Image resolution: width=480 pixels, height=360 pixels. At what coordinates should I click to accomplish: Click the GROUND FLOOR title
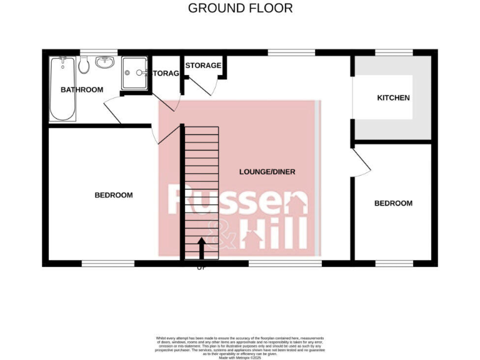[240, 8]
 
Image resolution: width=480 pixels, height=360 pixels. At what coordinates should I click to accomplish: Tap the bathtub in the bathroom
[62, 89]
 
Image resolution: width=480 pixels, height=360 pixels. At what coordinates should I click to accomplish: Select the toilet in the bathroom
[84, 64]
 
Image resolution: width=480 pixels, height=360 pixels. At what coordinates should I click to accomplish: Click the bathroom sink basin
[104, 63]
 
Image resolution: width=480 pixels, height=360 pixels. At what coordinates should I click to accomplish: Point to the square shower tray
[134, 73]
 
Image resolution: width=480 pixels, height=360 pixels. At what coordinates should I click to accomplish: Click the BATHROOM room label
[81, 90]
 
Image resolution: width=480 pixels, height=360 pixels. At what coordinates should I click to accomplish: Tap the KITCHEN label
[393, 98]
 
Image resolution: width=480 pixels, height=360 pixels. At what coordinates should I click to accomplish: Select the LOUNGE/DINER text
[267, 172]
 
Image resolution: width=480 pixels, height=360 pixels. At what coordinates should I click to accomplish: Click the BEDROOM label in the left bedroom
[113, 196]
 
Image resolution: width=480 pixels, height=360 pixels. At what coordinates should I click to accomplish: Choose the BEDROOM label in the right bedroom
[393, 204]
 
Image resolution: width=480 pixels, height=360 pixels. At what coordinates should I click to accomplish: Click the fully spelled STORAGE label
[203, 66]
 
